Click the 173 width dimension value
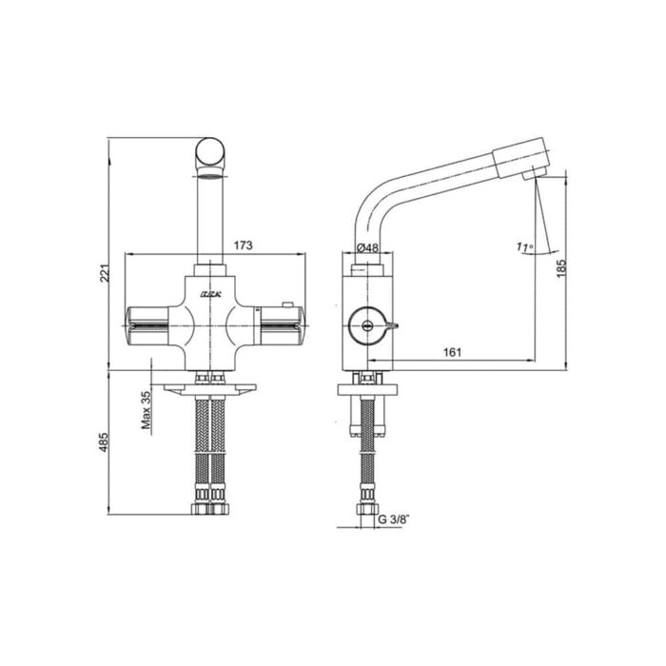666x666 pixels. pos(243,246)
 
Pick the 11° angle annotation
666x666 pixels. pos(522,247)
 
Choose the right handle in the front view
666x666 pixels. pos(278,323)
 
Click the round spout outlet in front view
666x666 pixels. pos(210,154)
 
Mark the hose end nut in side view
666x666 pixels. pos(364,507)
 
